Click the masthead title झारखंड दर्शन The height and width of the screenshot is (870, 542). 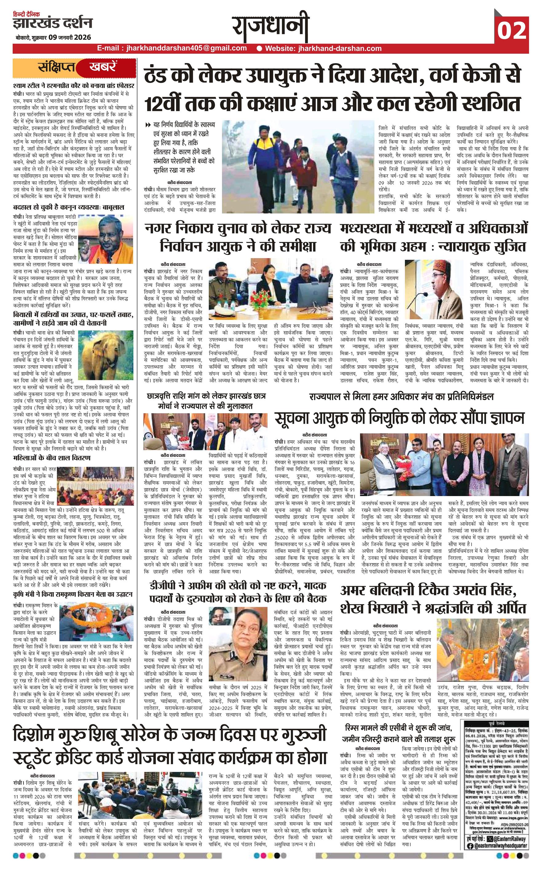pos(52,24)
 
